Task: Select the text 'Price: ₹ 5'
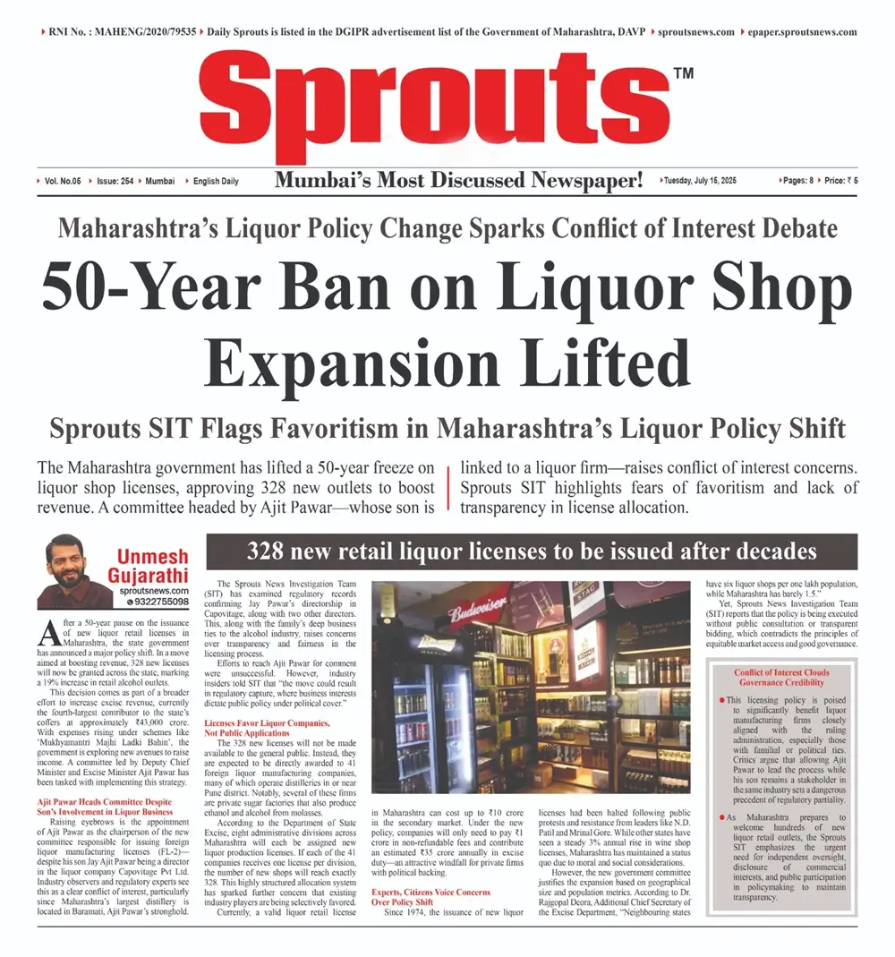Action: point(841,181)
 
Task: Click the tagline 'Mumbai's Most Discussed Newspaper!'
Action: point(458,181)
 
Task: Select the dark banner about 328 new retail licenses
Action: point(532,551)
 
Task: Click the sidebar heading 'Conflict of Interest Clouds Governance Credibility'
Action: point(781,678)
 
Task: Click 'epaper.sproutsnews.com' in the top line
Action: point(798,32)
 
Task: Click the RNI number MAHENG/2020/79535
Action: point(143,32)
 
